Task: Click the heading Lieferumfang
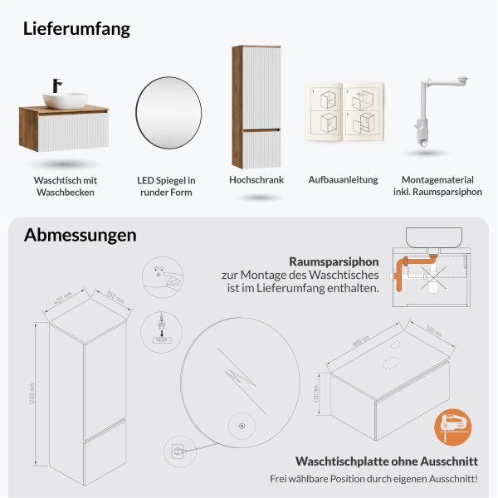[x=77, y=29]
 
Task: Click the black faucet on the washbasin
[x=58, y=86]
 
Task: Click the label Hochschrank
[x=256, y=179]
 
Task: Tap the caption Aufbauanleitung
[x=343, y=179]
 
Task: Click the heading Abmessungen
[x=80, y=235]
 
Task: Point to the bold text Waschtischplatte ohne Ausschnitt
[x=384, y=461]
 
